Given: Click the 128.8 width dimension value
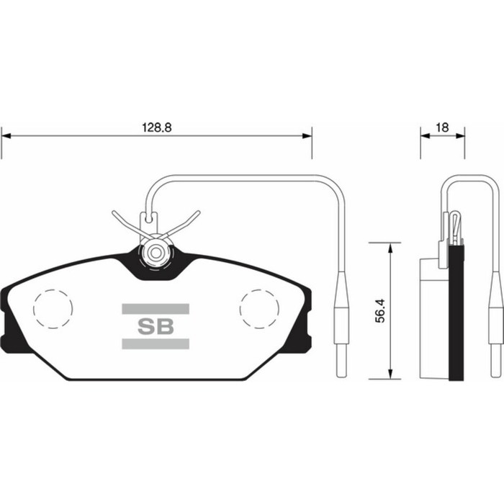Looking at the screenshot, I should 156,126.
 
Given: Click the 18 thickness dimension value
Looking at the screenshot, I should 442,127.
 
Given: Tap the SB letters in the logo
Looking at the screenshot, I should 156,325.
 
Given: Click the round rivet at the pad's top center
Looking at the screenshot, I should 156,253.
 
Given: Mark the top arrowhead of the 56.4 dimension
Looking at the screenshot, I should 391,247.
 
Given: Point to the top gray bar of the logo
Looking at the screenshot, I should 156,309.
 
